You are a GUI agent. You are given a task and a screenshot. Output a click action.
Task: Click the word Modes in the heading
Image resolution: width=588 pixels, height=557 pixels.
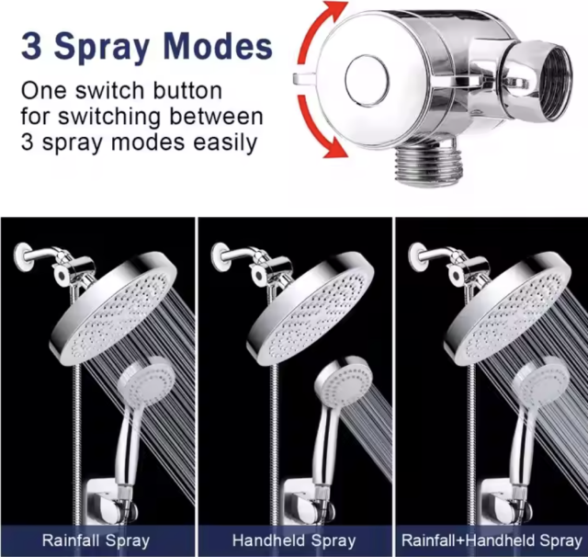coord(217,47)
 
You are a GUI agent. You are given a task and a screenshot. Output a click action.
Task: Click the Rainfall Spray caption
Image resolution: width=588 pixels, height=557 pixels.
coord(96,540)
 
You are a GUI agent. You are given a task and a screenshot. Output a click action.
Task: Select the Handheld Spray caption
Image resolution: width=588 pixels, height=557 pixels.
coord(293,540)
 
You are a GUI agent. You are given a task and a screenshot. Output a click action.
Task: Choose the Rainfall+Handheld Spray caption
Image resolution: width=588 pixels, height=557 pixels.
coord(492,540)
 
